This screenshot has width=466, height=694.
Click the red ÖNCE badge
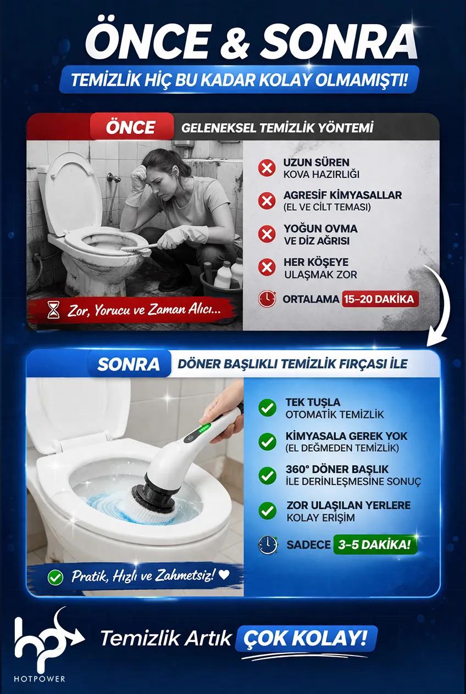pyautogui.click(x=131, y=127)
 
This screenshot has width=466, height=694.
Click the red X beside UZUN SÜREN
pyautogui.click(x=267, y=168)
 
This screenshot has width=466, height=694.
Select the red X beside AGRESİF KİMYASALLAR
pyautogui.click(x=267, y=201)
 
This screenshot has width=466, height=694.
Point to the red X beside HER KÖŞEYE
pyautogui.click(x=267, y=267)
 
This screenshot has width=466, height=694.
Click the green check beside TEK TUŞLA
pyautogui.click(x=267, y=408)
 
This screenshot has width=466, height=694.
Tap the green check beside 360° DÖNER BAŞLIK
pyautogui.click(x=267, y=475)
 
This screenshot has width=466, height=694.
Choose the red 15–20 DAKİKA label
pyautogui.click(x=380, y=299)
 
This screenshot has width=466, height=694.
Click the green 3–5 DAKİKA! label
pyautogui.click(x=375, y=544)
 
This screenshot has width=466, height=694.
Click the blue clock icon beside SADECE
pyautogui.click(x=268, y=545)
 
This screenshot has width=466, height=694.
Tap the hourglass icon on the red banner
pyautogui.click(x=53, y=310)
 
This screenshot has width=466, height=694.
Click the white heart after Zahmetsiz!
pyautogui.click(x=224, y=575)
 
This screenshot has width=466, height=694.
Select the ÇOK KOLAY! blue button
pyautogui.click(x=306, y=638)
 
